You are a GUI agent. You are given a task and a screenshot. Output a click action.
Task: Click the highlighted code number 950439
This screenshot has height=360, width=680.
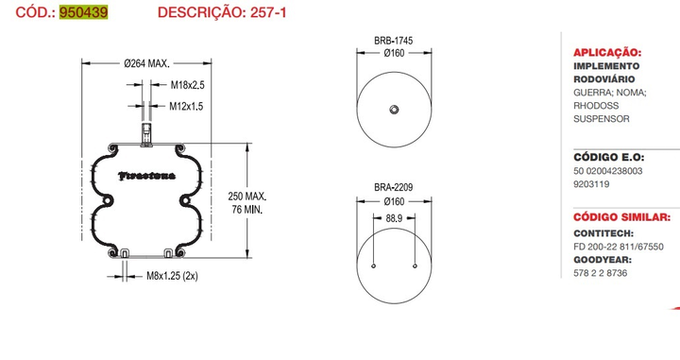click(83, 12)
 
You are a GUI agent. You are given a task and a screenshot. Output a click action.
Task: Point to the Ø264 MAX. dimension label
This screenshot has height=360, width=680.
click(146, 64)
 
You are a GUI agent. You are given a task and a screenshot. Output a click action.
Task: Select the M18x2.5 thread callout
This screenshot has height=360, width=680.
click(187, 85)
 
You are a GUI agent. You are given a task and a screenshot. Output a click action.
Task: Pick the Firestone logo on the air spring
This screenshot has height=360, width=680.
click(145, 176)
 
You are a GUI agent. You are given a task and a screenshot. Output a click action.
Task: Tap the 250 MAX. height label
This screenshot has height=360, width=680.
click(248, 197)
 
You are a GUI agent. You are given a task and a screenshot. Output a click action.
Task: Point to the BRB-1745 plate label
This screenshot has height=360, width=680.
click(394, 41)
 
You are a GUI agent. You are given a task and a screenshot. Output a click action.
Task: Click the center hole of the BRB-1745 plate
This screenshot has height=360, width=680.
click(394, 111)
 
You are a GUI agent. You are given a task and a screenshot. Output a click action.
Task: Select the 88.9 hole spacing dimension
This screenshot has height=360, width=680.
click(394, 218)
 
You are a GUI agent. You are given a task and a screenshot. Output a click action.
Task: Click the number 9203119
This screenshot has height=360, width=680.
click(594, 185)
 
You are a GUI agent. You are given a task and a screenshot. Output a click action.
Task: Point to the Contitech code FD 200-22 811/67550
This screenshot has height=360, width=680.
click(620, 246)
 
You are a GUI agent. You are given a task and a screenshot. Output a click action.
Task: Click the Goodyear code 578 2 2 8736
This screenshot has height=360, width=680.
click(601, 273)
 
